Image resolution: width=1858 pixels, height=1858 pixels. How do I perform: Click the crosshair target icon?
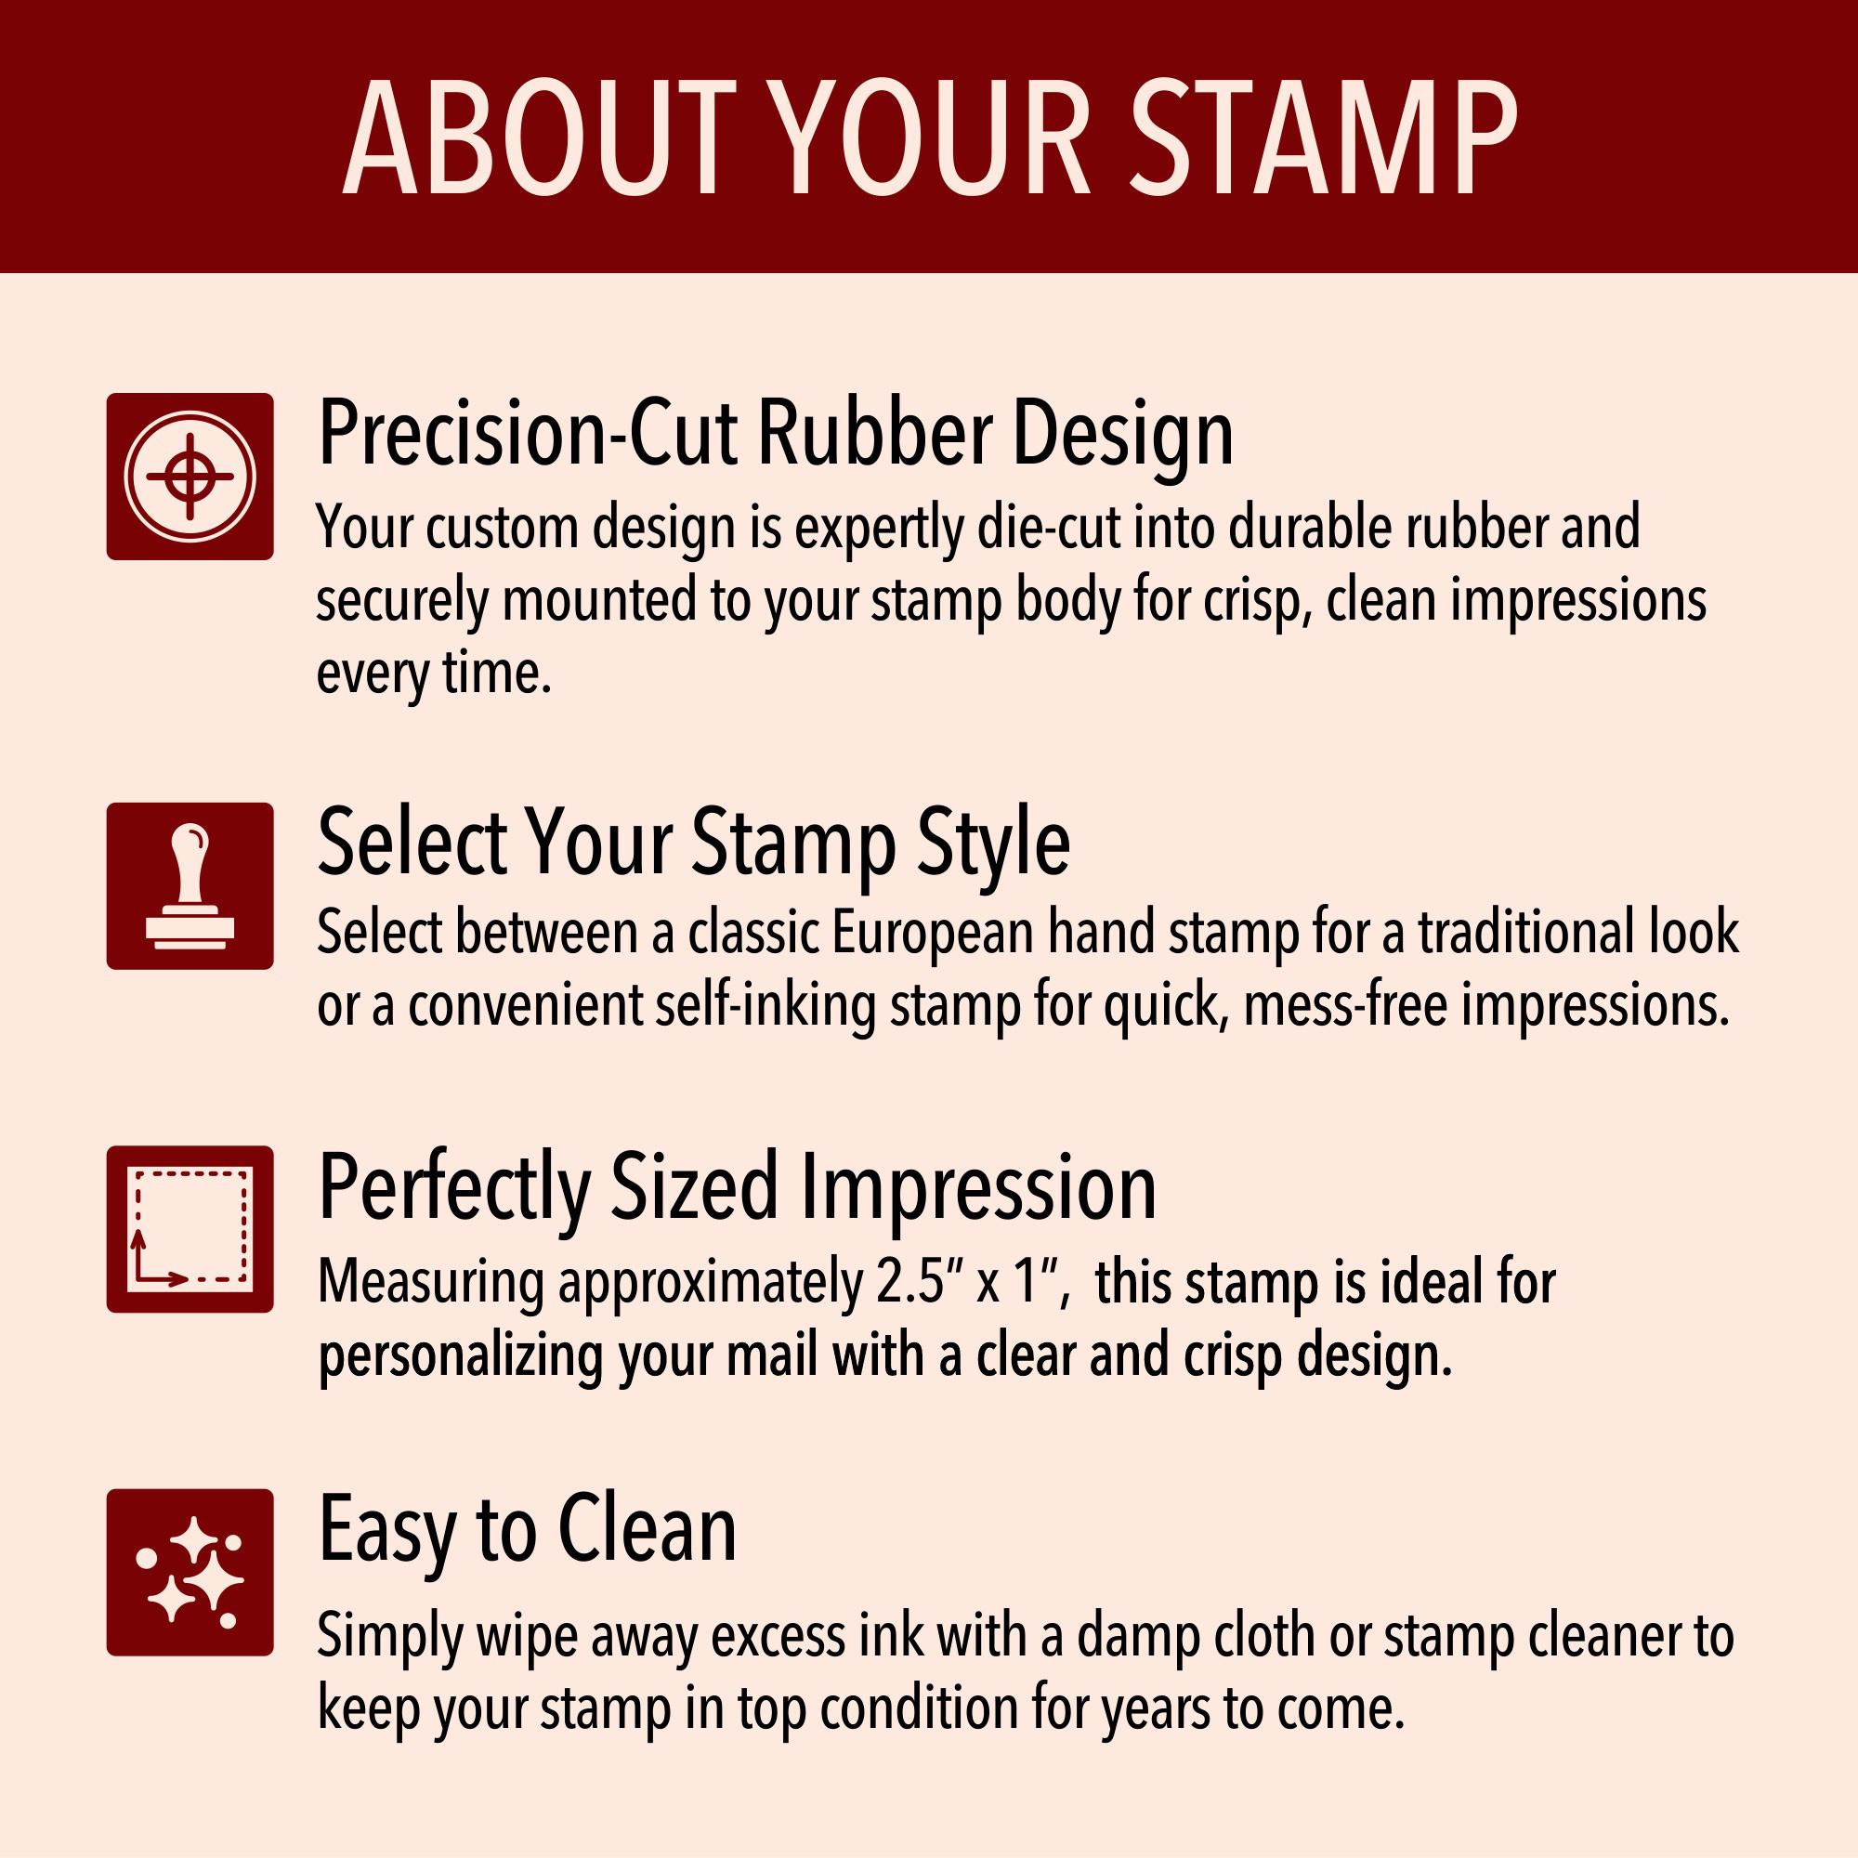coord(190,476)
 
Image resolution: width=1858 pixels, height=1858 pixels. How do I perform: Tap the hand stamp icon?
coord(190,885)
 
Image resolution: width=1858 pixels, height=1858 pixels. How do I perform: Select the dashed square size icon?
coord(190,1229)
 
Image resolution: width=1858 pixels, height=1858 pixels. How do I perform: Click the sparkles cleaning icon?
coord(190,1573)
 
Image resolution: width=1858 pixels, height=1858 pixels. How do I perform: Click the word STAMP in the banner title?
coord(1322,137)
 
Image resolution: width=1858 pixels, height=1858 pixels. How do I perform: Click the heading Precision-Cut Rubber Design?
coord(775,436)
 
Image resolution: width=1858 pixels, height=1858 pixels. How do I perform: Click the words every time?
coord(434,674)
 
